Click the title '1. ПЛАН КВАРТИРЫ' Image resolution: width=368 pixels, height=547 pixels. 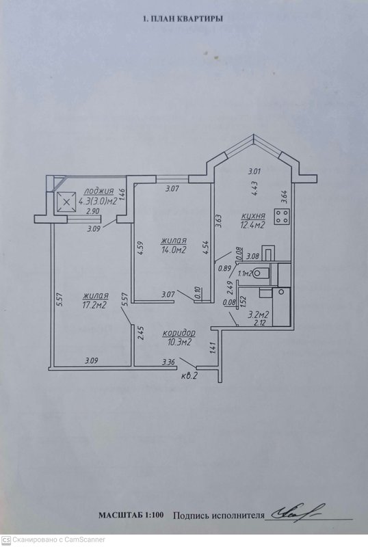pos(183,19)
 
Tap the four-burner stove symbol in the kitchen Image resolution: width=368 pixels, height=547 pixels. pos(282,216)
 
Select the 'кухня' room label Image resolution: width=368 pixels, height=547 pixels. pos(253,216)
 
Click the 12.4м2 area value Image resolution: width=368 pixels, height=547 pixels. pos(252,226)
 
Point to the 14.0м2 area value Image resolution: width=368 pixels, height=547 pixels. pos(174,250)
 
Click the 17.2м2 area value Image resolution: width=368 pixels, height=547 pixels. pos(94,305)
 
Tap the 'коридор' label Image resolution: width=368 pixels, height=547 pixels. pos(179,333)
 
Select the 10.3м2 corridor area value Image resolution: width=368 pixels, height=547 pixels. pos(179,343)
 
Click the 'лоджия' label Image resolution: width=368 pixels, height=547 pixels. pos(98,191)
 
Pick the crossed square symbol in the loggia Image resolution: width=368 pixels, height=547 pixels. pos(66,202)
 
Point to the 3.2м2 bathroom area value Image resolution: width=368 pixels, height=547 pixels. pos(259,315)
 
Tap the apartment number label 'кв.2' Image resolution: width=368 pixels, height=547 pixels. pos(190,376)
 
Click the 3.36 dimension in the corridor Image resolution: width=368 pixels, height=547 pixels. pos(168,362)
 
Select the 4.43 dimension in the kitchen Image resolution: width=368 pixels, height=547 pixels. pos(255,189)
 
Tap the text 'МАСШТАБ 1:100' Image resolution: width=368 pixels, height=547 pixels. pos(131,516)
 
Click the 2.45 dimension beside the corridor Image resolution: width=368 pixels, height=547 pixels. pos(140,333)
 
